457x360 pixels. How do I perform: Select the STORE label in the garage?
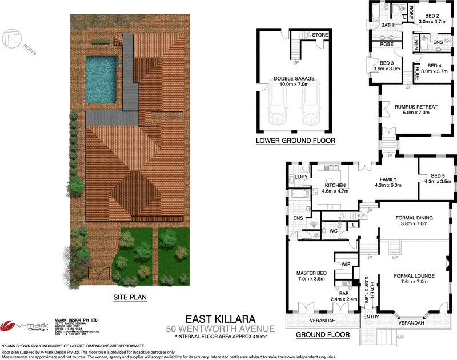(x=320, y=35)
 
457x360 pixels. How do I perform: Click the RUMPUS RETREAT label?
(x=408, y=107)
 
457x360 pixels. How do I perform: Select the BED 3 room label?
(x=383, y=63)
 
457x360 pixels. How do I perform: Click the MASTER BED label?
(x=311, y=273)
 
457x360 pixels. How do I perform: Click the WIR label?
(x=346, y=264)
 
